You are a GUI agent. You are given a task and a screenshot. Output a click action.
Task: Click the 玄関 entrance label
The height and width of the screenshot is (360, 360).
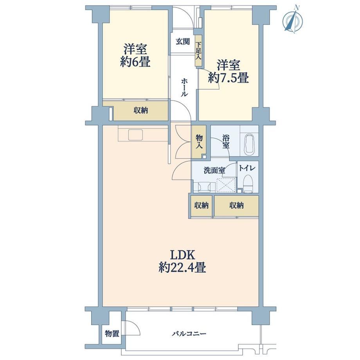pyautogui.click(x=183, y=42)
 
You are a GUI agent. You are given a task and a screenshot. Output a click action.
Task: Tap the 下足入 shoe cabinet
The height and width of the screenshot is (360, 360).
pyautogui.click(x=198, y=51)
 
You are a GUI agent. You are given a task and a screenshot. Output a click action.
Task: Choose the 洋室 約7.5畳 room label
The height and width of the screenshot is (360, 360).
pyautogui.click(x=229, y=71)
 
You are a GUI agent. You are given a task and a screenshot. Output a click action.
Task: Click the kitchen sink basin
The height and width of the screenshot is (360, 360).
pyautogui.click(x=136, y=135)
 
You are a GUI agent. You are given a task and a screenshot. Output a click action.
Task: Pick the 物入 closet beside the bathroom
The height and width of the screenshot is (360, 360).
pyautogui.click(x=199, y=142)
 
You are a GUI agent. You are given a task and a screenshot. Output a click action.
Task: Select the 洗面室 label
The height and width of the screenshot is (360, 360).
pyautogui.click(x=214, y=170)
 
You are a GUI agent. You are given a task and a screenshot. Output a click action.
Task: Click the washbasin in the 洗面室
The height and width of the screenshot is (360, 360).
pyautogui.click(x=204, y=186)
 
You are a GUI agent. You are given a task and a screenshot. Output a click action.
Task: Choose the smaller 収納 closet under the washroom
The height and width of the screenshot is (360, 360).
pyautogui.click(x=202, y=205)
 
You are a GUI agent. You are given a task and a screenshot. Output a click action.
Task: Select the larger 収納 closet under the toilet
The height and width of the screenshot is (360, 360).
pyautogui.click(x=236, y=205)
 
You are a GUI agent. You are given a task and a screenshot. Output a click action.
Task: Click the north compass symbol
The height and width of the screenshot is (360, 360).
pyautogui.click(x=293, y=20)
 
